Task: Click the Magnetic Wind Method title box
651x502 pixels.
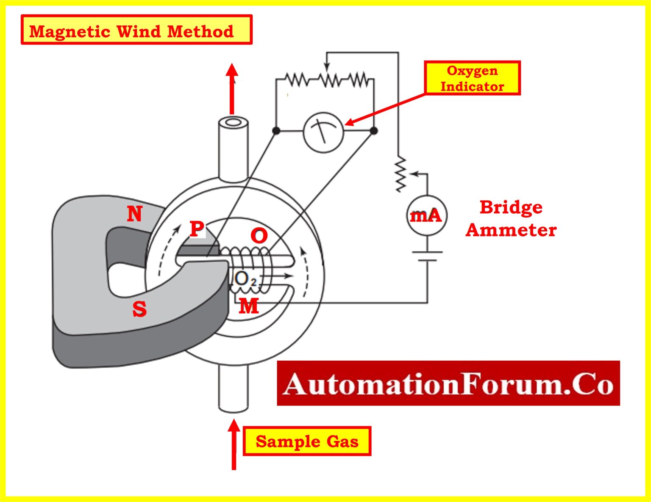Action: pos(136,30)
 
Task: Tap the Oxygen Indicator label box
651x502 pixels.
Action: pos(472,78)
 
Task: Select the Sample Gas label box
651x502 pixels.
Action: pos(307,441)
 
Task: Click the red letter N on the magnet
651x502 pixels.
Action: pos(135,214)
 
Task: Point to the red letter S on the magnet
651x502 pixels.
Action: pos(139,309)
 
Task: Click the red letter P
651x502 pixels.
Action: pos(196,229)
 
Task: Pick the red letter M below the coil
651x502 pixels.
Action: pos(248,306)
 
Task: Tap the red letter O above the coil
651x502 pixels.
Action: pos(259,236)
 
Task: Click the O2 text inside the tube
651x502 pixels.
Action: pos(245,279)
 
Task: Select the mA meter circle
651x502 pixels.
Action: pos(426,216)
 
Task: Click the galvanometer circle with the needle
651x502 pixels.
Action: pos(323,132)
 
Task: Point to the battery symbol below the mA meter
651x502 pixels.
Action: pos(427,256)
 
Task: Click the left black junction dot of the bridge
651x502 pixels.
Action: pos(276,131)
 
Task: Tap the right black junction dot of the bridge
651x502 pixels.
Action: pos(374,131)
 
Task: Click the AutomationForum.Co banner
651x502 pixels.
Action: pos(448,383)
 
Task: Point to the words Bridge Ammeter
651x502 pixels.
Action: pos(511,219)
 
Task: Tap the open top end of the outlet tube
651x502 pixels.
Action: pos(232,123)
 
